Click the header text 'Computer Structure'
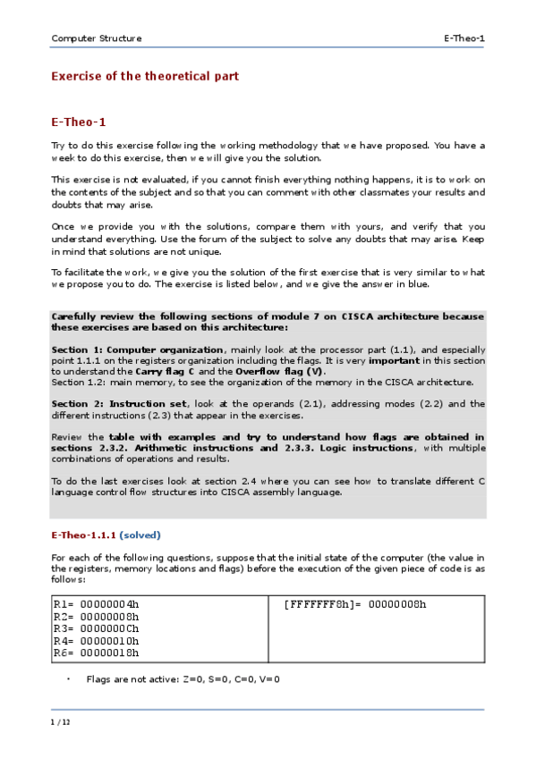[97, 38]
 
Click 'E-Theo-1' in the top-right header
[464, 38]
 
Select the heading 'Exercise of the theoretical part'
[145, 77]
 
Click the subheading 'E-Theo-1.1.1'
[83, 535]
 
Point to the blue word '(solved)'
[140, 535]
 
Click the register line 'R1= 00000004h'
[97, 604]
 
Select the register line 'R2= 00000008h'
[97, 616]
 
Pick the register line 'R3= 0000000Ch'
[97, 628]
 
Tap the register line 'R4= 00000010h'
[97, 641]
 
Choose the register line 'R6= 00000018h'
[97, 653]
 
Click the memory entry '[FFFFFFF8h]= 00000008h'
[355, 604]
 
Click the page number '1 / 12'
[61, 721]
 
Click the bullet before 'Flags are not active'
[68, 679]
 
